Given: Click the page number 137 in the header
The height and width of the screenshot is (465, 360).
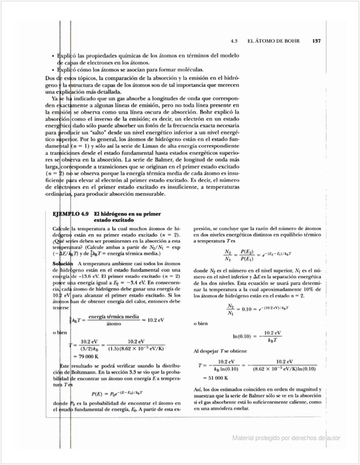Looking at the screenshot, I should click(x=317, y=41).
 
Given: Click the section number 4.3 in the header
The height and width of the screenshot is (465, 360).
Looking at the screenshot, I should click(x=234, y=41).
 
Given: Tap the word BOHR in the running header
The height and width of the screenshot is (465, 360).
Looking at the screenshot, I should click(x=291, y=41).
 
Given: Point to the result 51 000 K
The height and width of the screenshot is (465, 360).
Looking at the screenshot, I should click(x=216, y=377).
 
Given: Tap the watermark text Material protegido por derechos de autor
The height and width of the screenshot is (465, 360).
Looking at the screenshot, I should click(x=286, y=438).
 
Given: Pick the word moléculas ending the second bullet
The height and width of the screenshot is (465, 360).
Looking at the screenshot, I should click(x=191, y=70).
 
